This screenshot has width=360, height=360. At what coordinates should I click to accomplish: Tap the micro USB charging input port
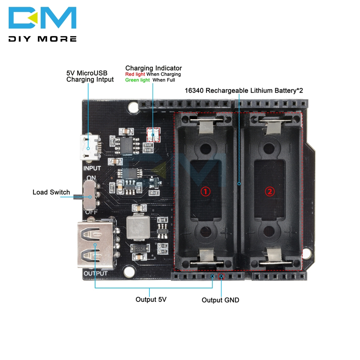pyautogui.click(x=89, y=148)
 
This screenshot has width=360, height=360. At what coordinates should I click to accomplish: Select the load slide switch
pyautogui.click(x=89, y=196)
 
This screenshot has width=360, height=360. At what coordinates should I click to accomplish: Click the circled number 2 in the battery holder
pyautogui.click(x=270, y=192)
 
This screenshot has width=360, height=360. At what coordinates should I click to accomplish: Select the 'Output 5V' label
pyautogui.click(x=151, y=299)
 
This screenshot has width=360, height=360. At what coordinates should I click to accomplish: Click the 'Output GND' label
pyautogui.click(x=220, y=300)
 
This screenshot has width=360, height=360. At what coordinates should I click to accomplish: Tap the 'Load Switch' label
pyautogui.click(x=51, y=192)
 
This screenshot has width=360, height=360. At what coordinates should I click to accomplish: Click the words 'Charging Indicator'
pyautogui.click(x=153, y=68)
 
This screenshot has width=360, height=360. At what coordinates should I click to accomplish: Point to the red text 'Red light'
pyautogui.click(x=135, y=74)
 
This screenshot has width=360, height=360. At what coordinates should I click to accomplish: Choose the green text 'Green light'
pyautogui.click(x=137, y=80)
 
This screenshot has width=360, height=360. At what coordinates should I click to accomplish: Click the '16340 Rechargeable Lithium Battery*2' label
pyautogui.click(x=244, y=90)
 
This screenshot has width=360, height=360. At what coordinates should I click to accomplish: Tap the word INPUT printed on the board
pyautogui.click(x=92, y=168)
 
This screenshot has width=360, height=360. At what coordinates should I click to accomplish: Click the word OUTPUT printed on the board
pyautogui.click(x=95, y=274)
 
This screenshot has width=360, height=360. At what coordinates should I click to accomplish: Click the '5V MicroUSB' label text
pyautogui.click(x=87, y=73)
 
